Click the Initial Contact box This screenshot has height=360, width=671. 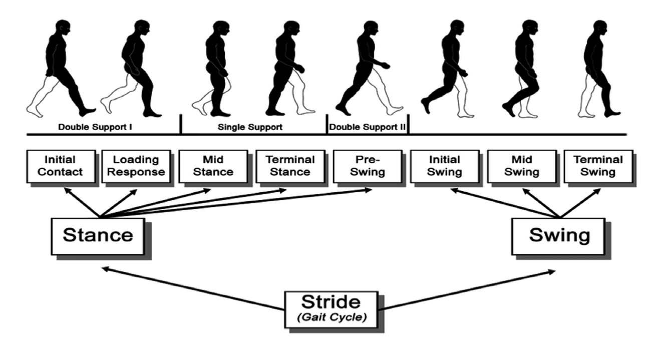(x=61, y=167)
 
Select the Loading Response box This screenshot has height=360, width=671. (x=136, y=167)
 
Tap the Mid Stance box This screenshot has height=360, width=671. (x=213, y=167)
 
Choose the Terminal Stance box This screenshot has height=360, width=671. (x=290, y=167)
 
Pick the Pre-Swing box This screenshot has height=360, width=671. (x=368, y=167)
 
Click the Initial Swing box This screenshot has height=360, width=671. (x=445, y=167)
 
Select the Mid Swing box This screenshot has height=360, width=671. (x=522, y=167)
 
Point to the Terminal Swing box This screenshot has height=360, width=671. (x=598, y=167)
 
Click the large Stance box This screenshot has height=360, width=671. (x=98, y=237)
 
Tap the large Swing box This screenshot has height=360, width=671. (x=559, y=237)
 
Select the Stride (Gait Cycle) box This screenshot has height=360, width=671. (x=331, y=310)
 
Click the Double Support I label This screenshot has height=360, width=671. (x=95, y=127)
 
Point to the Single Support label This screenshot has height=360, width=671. (x=250, y=127)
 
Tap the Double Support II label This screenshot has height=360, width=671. (x=367, y=127)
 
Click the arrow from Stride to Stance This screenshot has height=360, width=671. (x=193, y=289)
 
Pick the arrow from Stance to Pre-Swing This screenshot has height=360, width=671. (x=236, y=203)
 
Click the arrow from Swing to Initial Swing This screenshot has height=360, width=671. (x=505, y=203)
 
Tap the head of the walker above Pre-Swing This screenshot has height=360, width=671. (x=371, y=29)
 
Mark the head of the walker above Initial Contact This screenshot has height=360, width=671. (x=63, y=29)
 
